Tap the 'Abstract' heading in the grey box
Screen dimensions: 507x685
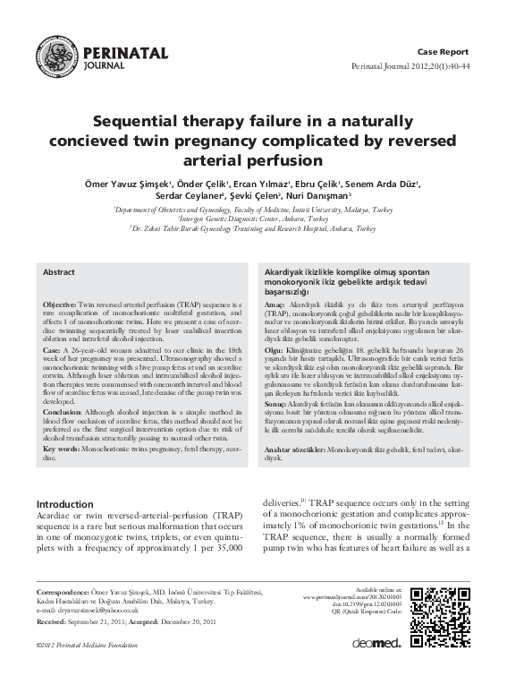pyautogui.click(x=60, y=270)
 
